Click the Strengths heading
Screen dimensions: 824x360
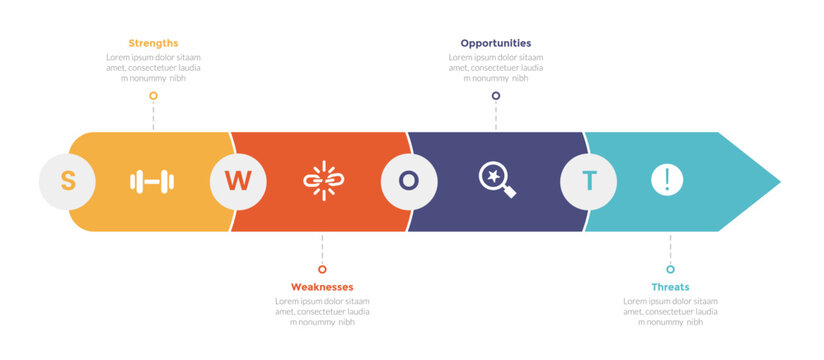pos(153,43)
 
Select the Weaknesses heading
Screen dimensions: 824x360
pos(322,287)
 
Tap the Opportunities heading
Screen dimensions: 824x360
pos(495,43)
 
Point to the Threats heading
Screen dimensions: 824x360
pos(670,287)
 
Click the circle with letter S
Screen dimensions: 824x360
pos(68,181)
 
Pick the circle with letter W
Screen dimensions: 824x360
pos(238,181)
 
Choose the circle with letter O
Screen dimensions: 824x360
pos(409,181)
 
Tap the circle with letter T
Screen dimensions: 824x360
pos(588,181)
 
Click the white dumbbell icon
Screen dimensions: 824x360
pos(152,181)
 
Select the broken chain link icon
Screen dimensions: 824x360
pos(323,181)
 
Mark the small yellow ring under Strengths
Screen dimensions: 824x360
pos(153,96)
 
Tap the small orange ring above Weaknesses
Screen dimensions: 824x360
pos(322,269)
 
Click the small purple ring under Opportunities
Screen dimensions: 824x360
pos(495,96)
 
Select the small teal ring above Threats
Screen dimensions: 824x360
pos(670,269)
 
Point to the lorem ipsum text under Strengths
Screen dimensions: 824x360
pos(153,67)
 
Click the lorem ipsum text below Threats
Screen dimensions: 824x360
pos(670,311)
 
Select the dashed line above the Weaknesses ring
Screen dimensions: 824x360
pos(322,248)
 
